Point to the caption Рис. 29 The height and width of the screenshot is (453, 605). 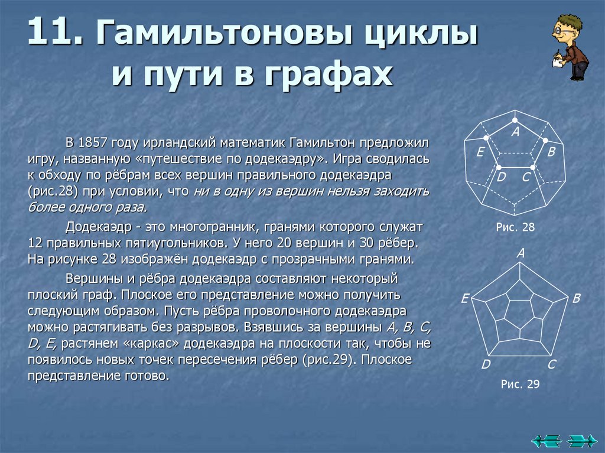pyautogui.click(x=520, y=384)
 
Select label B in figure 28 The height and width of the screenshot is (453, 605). pyautogui.click(x=551, y=152)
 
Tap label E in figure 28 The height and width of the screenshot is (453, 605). pyautogui.click(x=480, y=152)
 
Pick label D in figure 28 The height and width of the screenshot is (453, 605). pyautogui.click(x=501, y=176)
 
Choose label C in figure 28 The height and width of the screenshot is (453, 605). pyautogui.click(x=526, y=176)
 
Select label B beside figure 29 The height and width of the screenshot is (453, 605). pyautogui.click(x=577, y=298)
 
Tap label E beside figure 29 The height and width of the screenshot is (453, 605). pyautogui.click(x=465, y=299)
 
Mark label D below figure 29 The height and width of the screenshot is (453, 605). pyautogui.click(x=486, y=364)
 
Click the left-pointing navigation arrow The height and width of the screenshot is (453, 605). pyautogui.click(x=545, y=440)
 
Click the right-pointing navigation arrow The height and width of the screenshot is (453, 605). pyautogui.click(x=582, y=440)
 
